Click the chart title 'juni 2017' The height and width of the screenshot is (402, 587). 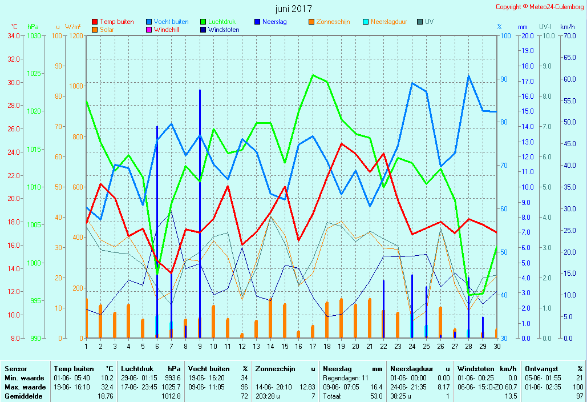click(293, 9)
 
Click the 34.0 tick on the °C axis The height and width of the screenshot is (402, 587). click(14, 35)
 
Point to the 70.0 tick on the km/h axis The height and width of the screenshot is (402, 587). click(567, 35)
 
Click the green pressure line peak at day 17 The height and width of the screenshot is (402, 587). click(313, 75)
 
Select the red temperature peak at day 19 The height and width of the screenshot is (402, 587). click(341, 143)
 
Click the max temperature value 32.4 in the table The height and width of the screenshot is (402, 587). click(106, 387)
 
